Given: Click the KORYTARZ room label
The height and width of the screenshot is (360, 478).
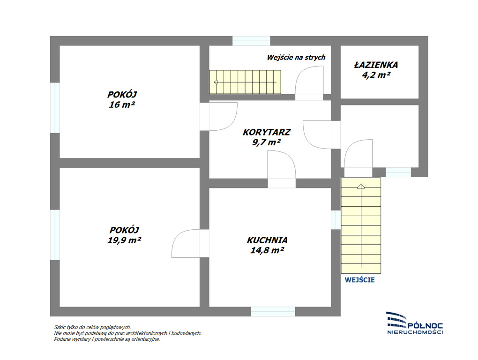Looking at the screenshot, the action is point(267,132).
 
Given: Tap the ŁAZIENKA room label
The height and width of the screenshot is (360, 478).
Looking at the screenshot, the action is point(376,65).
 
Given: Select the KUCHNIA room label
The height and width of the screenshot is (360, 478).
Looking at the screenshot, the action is point(267,240).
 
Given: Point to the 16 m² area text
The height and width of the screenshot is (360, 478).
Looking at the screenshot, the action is point(122,105).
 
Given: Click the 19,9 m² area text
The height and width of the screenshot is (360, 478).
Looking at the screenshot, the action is point(124,240).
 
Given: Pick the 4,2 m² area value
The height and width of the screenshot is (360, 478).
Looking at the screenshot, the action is point(376,75).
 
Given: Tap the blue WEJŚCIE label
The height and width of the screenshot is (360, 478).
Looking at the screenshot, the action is point(360,280).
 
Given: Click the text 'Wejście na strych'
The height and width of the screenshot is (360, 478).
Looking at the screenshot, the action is point(296,57).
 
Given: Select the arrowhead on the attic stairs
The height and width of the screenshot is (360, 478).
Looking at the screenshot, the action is point(216,82).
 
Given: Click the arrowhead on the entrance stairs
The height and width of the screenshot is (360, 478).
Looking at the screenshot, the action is point(361,186).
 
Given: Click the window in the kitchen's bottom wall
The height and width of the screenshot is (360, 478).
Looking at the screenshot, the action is point(273,312).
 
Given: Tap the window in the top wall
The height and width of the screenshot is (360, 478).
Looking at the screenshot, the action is point(251,41).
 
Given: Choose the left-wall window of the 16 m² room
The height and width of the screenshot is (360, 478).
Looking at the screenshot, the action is point(55,108).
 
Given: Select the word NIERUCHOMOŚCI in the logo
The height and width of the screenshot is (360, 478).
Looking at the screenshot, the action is point(415,332).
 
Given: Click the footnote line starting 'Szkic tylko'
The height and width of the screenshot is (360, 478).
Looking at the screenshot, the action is point(92,327).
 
